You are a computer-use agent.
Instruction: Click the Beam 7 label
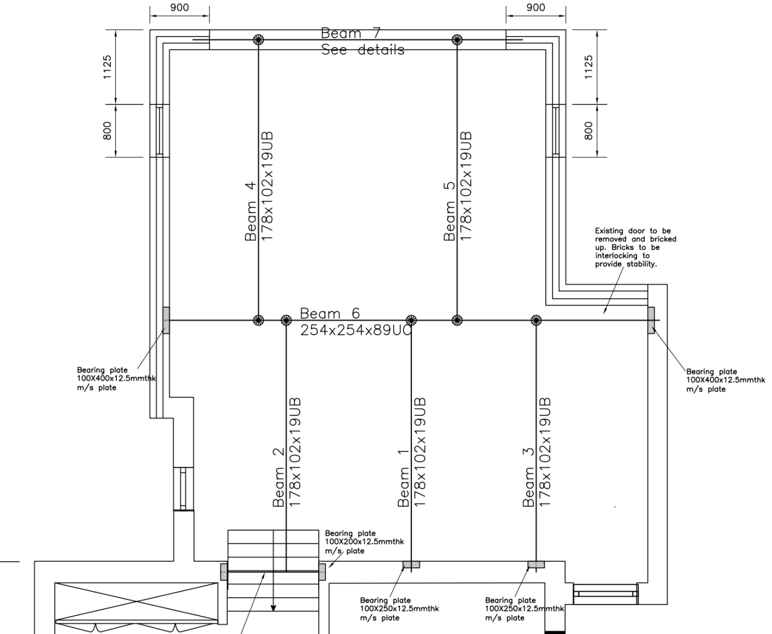tap(350, 33)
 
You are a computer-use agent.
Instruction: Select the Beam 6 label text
tap(330, 314)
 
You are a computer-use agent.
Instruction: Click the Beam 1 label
tap(403, 478)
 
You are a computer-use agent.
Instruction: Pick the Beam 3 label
tap(528, 477)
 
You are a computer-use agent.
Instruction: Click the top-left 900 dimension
tap(179, 7)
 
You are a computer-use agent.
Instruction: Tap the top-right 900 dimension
tap(536, 7)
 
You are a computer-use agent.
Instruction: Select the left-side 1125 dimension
tap(107, 67)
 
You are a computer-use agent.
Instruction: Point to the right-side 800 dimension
tap(588, 131)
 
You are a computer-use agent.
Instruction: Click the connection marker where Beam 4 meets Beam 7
tap(258, 40)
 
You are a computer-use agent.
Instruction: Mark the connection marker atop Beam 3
tap(536, 320)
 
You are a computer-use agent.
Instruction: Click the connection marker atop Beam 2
tap(287, 320)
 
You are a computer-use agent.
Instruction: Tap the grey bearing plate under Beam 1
tap(411, 564)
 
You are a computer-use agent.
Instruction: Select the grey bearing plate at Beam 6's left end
tap(166, 320)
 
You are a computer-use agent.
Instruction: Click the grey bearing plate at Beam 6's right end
tap(651, 320)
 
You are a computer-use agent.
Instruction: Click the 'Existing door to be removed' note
tap(635, 247)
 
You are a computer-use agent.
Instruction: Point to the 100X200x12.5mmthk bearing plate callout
tap(364, 542)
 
